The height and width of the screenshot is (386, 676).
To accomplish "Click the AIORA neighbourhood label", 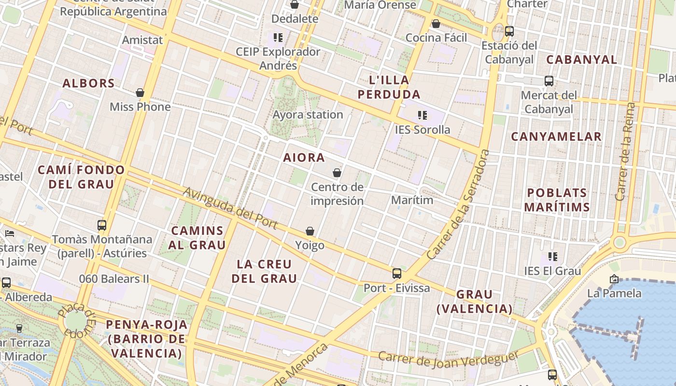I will (x=304, y=158).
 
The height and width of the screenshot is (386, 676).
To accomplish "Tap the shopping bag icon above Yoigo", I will (x=310, y=232).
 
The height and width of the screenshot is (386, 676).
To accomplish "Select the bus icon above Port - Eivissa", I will (x=396, y=274).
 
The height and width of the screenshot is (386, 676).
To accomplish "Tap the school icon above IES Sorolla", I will (x=422, y=115).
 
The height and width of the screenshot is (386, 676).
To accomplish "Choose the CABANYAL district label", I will (x=581, y=60).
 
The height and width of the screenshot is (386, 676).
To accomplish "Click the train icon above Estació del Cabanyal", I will (x=509, y=31).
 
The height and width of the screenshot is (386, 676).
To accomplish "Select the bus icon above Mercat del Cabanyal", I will (x=549, y=81).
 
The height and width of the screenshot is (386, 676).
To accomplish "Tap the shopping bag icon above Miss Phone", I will (x=140, y=93).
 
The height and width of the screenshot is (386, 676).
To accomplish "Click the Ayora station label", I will (x=308, y=115).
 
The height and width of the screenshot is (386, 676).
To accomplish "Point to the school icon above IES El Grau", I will (x=552, y=257).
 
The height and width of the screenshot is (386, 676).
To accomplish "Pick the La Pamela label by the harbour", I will (x=614, y=293).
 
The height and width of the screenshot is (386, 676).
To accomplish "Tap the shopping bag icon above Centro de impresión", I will (x=337, y=173).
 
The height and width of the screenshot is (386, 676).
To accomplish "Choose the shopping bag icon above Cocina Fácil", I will (x=436, y=24).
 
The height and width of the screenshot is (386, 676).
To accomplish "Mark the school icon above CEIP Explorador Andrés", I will (x=278, y=37).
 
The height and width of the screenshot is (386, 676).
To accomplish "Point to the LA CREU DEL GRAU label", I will (x=264, y=271).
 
